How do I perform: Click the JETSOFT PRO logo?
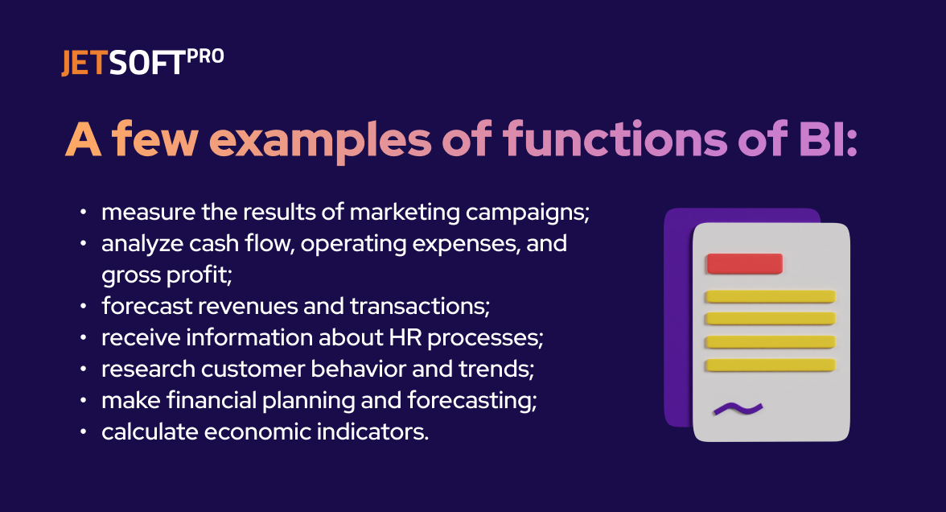point(142,63)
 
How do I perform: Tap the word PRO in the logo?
point(205,56)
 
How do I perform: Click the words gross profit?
point(167,275)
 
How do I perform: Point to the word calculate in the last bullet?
point(149,431)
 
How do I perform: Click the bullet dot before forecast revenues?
point(84,307)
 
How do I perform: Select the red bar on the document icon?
point(744,263)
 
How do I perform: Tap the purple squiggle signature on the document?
point(738,409)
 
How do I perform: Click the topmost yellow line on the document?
point(770,296)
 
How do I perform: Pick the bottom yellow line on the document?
point(770,365)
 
